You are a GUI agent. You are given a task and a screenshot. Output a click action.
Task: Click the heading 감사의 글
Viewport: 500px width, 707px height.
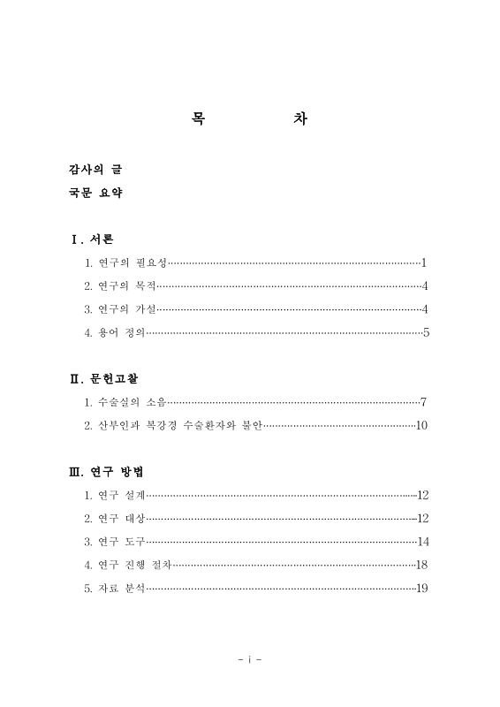pos(95,168)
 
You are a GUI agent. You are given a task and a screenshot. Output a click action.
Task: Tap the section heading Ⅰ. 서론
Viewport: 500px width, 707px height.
pos(92,239)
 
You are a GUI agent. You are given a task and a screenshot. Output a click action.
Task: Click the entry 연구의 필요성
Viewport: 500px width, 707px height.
pos(131,262)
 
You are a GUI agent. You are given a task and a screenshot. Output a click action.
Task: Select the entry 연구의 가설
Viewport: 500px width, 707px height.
pos(126,309)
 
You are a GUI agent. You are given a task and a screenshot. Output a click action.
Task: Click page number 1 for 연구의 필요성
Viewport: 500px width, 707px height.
pos(424,262)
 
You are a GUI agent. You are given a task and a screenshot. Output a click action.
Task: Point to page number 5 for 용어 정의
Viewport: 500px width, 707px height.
pos(425,333)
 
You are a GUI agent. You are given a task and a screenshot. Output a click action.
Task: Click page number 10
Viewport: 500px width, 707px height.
pos(421,426)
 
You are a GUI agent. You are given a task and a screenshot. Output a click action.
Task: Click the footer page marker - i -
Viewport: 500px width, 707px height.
pos(250,659)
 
